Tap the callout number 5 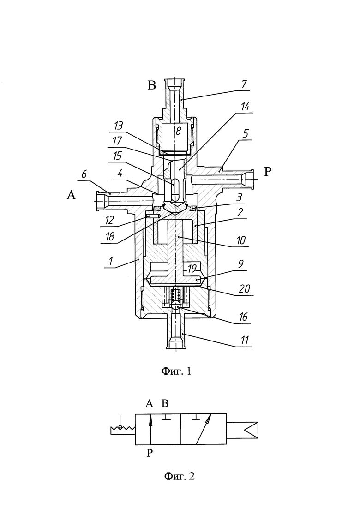point(246,133)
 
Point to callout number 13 point(119,126)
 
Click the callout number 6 point(84,174)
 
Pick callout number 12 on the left point(109,220)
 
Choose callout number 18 point(110,236)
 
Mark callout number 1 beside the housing point(111,261)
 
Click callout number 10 point(241,240)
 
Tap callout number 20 point(244,288)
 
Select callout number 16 point(243,317)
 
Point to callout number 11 point(244,340)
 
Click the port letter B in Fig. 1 point(151,85)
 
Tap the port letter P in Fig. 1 point(267,171)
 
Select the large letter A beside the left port point(71,195)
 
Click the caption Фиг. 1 point(176,371)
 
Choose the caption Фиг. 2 point(180,476)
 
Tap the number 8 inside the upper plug point(178,131)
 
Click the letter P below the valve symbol point(150,453)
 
